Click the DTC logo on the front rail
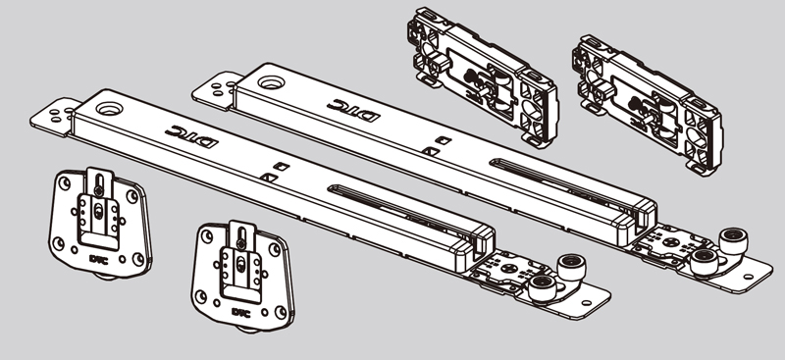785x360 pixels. point(191,136)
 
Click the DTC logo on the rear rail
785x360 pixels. point(353,110)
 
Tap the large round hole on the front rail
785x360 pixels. point(109,108)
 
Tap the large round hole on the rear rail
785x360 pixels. point(271,82)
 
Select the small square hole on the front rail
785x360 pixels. point(283,166)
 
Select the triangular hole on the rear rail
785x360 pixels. point(431,151)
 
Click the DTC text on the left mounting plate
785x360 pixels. point(99,259)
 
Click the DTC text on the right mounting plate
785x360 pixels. point(241,312)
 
